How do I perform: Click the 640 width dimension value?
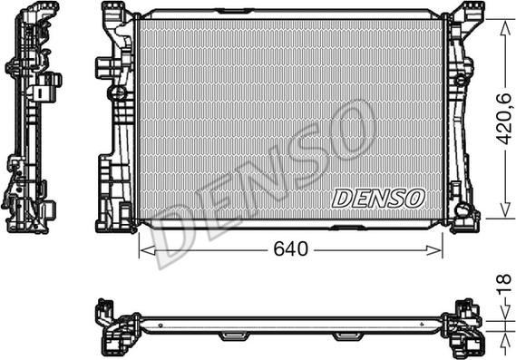point(290,248)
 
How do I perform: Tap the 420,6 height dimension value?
point(504,119)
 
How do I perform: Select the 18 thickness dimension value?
point(504,285)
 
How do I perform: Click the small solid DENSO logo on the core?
point(378,199)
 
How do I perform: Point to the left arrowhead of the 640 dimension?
point(147,250)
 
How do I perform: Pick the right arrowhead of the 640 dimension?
point(434,250)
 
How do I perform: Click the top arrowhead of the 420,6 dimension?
point(504,27)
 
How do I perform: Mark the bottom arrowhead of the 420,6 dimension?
point(504,209)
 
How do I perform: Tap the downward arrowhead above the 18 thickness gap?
point(504,312)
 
